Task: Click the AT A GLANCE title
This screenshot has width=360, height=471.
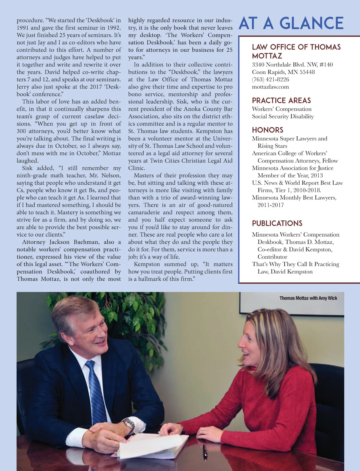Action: tap(291, 23)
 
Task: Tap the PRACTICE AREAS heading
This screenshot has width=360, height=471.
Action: tap(281, 101)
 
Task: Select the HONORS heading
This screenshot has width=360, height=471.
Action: tap(267, 130)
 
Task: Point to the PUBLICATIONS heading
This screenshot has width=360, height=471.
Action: tap(277, 223)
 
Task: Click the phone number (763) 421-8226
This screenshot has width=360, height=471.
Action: tap(270, 80)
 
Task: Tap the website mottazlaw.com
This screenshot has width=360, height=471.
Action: tap(270, 87)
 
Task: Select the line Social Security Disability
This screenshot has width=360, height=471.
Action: tap(283, 116)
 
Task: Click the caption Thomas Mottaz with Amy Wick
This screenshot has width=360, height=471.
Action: tap(308, 298)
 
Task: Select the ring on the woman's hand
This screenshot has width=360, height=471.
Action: tap(203, 431)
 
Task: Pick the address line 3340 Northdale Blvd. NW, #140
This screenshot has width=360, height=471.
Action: tap(292, 65)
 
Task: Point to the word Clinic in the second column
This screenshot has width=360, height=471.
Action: tap(136, 168)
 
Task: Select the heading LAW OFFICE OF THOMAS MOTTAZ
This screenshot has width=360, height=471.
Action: tap(296, 51)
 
